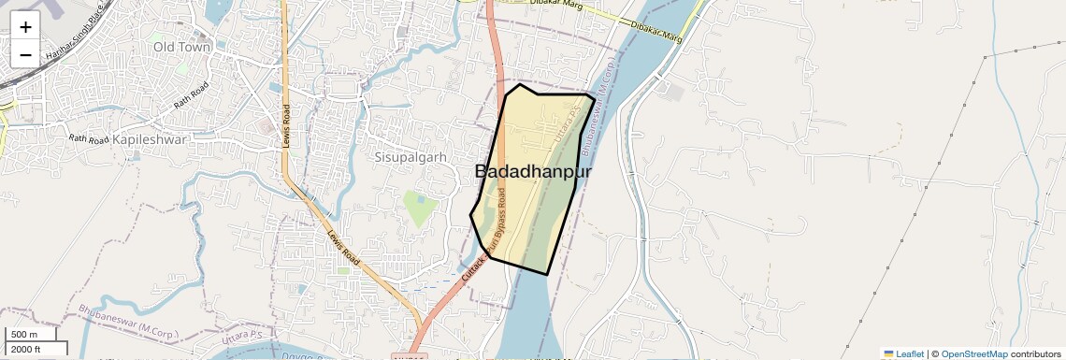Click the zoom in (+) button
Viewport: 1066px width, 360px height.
(25, 27)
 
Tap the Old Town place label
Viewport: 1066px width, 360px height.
(183, 46)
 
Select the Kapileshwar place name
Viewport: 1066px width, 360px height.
(150, 138)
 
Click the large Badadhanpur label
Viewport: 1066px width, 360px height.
(533, 171)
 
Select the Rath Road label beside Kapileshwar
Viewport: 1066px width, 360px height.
(90, 138)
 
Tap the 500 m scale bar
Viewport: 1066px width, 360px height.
(32, 335)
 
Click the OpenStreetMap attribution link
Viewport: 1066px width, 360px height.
(974, 353)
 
